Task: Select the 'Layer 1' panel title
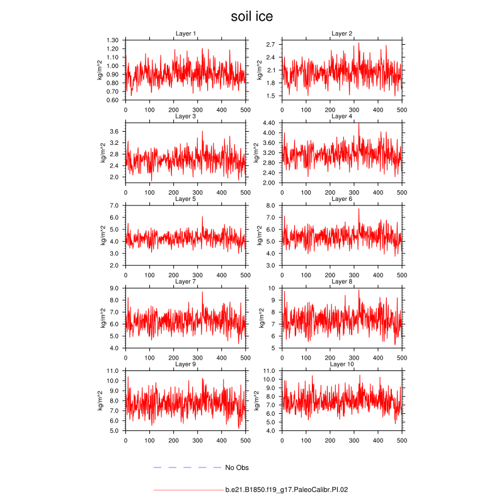[x=185, y=33]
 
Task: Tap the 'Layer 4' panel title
[x=342, y=116]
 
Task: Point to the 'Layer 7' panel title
[x=185, y=282]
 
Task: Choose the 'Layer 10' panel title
[x=342, y=364]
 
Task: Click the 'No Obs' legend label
[x=238, y=467]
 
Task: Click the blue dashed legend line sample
[x=187, y=467]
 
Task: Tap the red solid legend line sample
[x=187, y=489]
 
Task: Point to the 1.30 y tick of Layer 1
[x=113, y=40]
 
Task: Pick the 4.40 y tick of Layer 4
[x=269, y=123]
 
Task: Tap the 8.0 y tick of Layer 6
[x=272, y=205]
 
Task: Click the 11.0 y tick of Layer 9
[x=113, y=370]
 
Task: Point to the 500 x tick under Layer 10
[x=401, y=440]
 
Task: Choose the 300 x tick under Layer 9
[x=198, y=440]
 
